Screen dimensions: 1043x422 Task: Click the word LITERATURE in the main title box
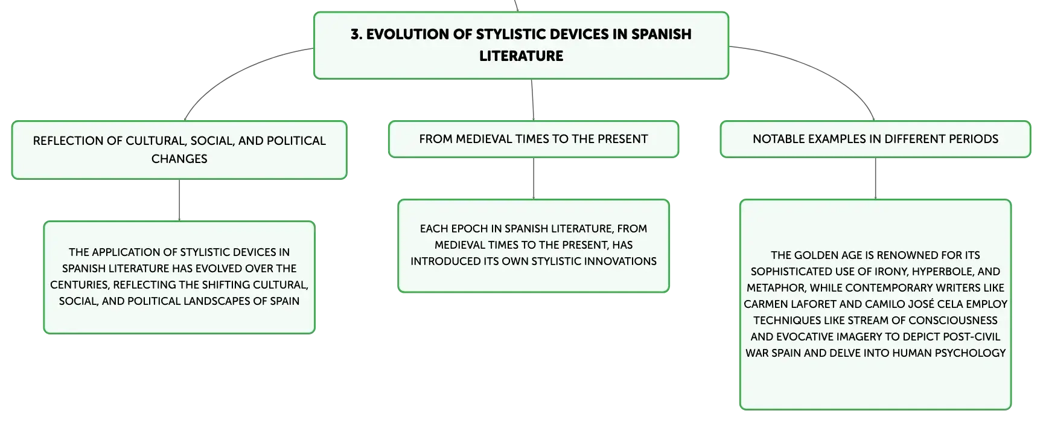pyautogui.click(x=521, y=56)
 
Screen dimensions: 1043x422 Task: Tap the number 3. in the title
pyautogui.click(x=357, y=34)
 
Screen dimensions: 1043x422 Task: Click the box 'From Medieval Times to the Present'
pyautogui.click(x=534, y=139)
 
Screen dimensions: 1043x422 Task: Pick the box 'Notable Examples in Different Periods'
pyautogui.click(x=875, y=139)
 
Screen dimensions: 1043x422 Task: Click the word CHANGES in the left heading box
pyautogui.click(x=179, y=159)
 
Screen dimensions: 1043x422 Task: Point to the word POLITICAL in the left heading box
pyautogui.click(x=296, y=141)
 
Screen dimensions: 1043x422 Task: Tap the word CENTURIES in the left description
pyautogui.click(x=79, y=285)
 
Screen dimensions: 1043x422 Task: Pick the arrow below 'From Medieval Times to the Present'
pyautogui.click(x=534, y=179)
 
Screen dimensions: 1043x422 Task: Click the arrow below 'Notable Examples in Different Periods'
pyautogui.click(x=875, y=179)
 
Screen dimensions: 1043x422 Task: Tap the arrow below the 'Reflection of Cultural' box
pyautogui.click(x=179, y=200)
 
